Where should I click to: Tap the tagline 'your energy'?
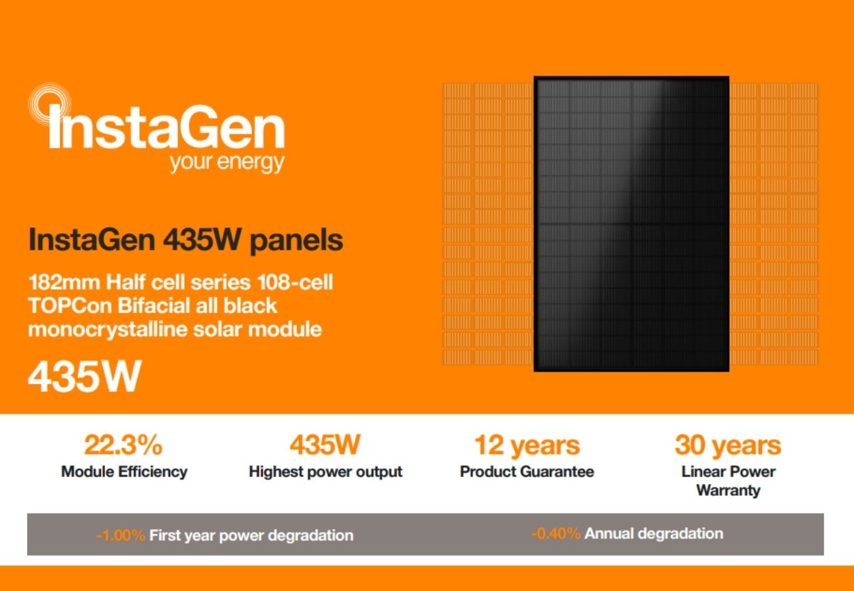[227, 163]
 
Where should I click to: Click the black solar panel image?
[631, 224]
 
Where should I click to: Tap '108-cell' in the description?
[295, 282]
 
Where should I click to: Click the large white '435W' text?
[85, 376]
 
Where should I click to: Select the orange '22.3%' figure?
[123, 445]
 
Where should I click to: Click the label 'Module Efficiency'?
[124, 471]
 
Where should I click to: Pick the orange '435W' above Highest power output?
[325, 445]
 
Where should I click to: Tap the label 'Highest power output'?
[326, 471]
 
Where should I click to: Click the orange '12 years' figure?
[527, 445]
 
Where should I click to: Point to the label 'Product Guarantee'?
[527, 471]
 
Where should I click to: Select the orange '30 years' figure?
[728, 445]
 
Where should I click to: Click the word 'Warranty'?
[728, 491]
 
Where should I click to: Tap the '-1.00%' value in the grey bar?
[120, 535]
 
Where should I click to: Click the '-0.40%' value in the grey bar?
[556, 533]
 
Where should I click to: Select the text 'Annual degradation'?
[654, 534]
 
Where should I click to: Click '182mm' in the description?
[65, 282]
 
